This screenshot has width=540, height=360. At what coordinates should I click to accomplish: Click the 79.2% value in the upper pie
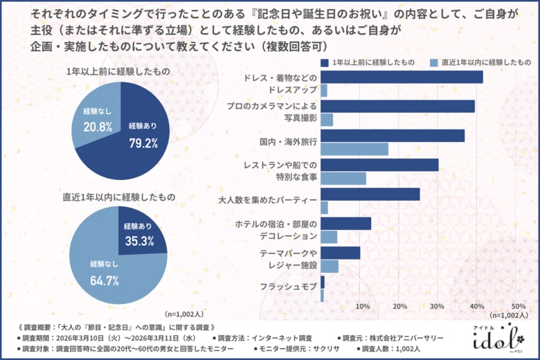coord(143,143)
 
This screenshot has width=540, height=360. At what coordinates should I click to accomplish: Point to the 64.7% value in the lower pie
coord(105,280)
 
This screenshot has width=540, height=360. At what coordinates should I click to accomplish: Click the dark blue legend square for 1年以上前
coord(325,62)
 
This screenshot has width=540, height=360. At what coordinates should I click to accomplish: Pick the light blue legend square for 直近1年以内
coord(434,62)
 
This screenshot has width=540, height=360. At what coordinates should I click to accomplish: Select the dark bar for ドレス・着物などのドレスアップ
coord(402,77)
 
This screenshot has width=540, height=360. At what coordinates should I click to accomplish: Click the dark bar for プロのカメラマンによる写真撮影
coord(397,106)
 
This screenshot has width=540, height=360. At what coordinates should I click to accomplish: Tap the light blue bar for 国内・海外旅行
coord(354,149)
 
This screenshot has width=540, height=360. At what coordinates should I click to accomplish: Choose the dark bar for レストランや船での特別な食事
coord(379,164)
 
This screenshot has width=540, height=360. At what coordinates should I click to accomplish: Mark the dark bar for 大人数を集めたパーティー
coord(370,194)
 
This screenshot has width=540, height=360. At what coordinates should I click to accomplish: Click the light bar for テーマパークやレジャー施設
coord(329,266)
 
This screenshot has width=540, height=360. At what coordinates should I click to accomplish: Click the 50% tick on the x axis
coord(518,306)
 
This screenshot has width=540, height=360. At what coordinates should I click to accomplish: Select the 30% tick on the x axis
coord(438,306)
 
